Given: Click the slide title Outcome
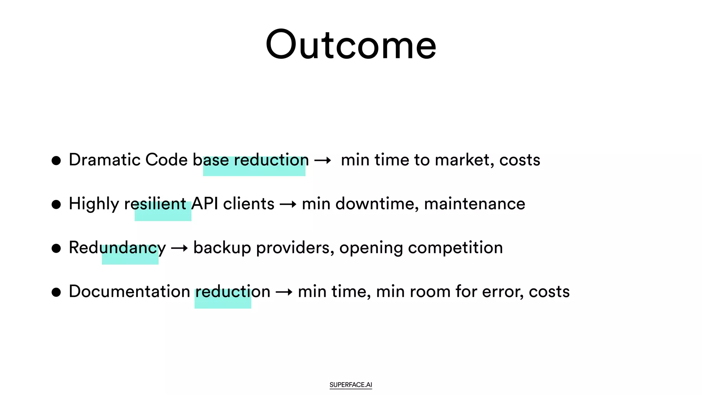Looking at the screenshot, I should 351,45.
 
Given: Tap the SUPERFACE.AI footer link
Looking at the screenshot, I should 351,385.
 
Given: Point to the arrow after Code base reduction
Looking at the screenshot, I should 323,160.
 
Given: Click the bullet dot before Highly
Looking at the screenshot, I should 56,204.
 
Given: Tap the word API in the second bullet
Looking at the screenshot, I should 205,204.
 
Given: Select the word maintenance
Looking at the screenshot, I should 474,204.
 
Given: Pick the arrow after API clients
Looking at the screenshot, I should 288,205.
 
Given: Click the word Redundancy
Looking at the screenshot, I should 117,248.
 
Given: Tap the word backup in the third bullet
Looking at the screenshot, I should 222,248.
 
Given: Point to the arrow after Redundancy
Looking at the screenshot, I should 179,248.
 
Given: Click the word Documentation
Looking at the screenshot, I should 129,291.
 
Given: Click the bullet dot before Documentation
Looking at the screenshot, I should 56,292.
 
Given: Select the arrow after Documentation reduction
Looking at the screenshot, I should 284,292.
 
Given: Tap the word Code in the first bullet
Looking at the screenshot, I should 166,160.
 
